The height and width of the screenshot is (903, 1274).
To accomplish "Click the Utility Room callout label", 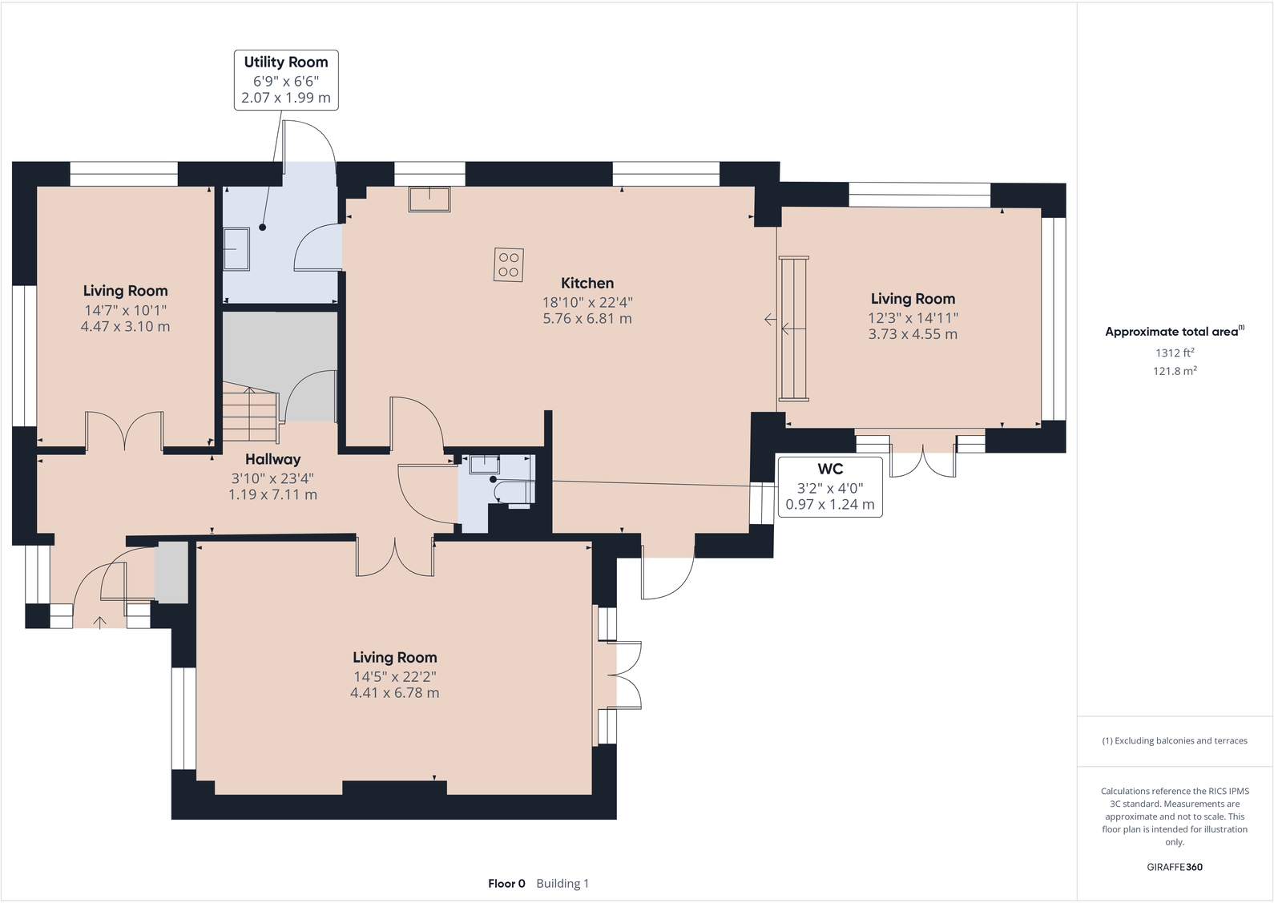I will click(x=286, y=79).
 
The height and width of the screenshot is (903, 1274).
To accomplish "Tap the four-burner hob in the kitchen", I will click(x=508, y=264).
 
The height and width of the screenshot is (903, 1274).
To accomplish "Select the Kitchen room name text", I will click(x=587, y=283).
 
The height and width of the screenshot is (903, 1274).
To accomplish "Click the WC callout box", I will click(x=829, y=486).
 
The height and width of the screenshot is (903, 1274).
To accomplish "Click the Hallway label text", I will click(x=272, y=459).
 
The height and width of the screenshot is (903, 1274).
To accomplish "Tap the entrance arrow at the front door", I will click(x=100, y=622).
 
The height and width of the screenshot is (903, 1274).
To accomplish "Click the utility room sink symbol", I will click(x=236, y=248).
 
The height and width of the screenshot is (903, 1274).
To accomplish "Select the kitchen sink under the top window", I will click(x=429, y=199).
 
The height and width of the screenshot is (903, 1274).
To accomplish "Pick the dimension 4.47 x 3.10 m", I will click(x=125, y=327).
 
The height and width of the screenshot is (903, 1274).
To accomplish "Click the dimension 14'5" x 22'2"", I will click(x=394, y=676).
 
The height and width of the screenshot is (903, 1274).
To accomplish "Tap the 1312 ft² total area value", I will click(x=1175, y=353).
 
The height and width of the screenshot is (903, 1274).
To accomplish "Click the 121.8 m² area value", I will click(x=1175, y=371).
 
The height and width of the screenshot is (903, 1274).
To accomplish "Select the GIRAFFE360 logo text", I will click(x=1175, y=867).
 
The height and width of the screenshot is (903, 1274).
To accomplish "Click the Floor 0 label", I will click(x=506, y=884).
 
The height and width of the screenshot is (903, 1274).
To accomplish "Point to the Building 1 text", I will click(x=562, y=884).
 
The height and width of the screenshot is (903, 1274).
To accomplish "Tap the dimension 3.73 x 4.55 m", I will click(x=913, y=334).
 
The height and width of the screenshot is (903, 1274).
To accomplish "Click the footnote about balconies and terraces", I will click(x=1175, y=741).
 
